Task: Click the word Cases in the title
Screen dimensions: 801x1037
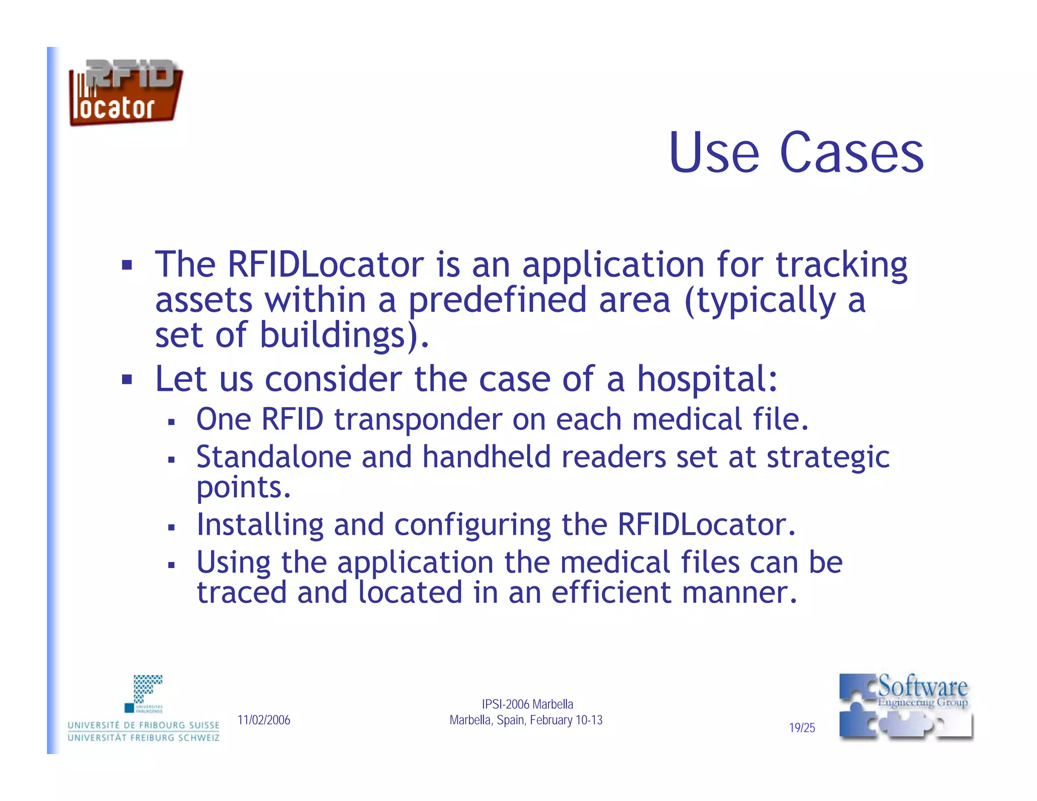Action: pyautogui.click(x=852, y=152)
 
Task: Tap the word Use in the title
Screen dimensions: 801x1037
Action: pyautogui.click(x=713, y=152)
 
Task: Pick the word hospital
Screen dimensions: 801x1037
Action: pyautogui.click(x=707, y=379)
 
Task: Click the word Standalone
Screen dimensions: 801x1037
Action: pyautogui.click(x=273, y=457)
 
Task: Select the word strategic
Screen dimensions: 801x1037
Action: pyautogui.click(x=828, y=458)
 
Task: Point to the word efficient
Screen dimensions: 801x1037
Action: pyautogui.click(x=611, y=592)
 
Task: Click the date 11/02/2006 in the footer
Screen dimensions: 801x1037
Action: pyautogui.click(x=264, y=720)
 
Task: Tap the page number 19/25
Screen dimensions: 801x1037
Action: pyautogui.click(x=802, y=728)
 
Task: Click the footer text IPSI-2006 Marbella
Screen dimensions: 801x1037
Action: pyautogui.click(x=527, y=704)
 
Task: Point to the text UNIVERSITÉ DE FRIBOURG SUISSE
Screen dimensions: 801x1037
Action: pyautogui.click(x=143, y=725)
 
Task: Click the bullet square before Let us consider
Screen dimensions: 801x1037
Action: pyautogui.click(x=127, y=379)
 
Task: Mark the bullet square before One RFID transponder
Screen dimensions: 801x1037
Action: pyautogui.click(x=171, y=422)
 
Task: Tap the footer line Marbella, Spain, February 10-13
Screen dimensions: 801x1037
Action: pyautogui.click(x=526, y=720)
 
